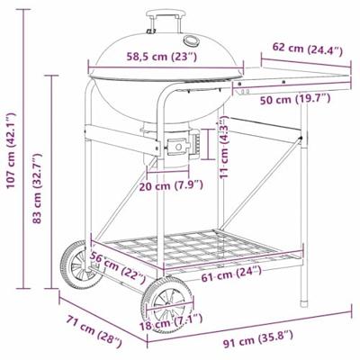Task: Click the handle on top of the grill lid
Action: (x=163, y=15)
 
